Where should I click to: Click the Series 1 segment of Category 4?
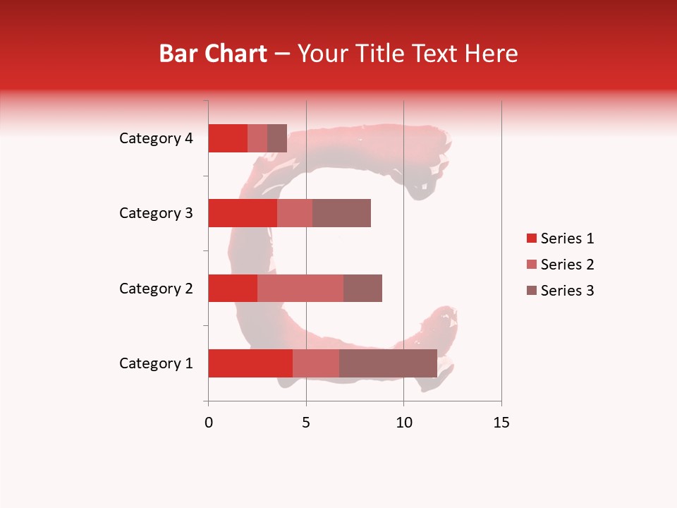click(x=228, y=138)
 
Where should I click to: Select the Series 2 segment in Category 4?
click(x=257, y=138)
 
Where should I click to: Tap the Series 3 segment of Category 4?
click(x=277, y=138)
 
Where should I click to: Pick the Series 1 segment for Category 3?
click(x=243, y=213)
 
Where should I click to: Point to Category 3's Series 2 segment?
click(x=295, y=213)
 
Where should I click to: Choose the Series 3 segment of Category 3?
click(x=341, y=213)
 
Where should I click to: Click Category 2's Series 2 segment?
click(x=300, y=288)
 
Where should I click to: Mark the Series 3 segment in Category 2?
click(x=362, y=288)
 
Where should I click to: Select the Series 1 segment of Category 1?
click(x=250, y=363)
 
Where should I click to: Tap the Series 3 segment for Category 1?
click(x=388, y=363)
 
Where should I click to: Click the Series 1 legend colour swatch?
click(x=531, y=238)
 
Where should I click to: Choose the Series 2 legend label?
click(x=567, y=265)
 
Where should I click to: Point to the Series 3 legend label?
click(x=567, y=291)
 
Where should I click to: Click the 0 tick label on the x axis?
click(x=209, y=423)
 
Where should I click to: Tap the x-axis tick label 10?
click(x=403, y=423)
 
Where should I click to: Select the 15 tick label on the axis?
click(x=501, y=423)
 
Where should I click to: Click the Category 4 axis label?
click(x=156, y=138)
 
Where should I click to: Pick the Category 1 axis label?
click(x=156, y=363)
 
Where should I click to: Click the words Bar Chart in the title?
click(x=213, y=54)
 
